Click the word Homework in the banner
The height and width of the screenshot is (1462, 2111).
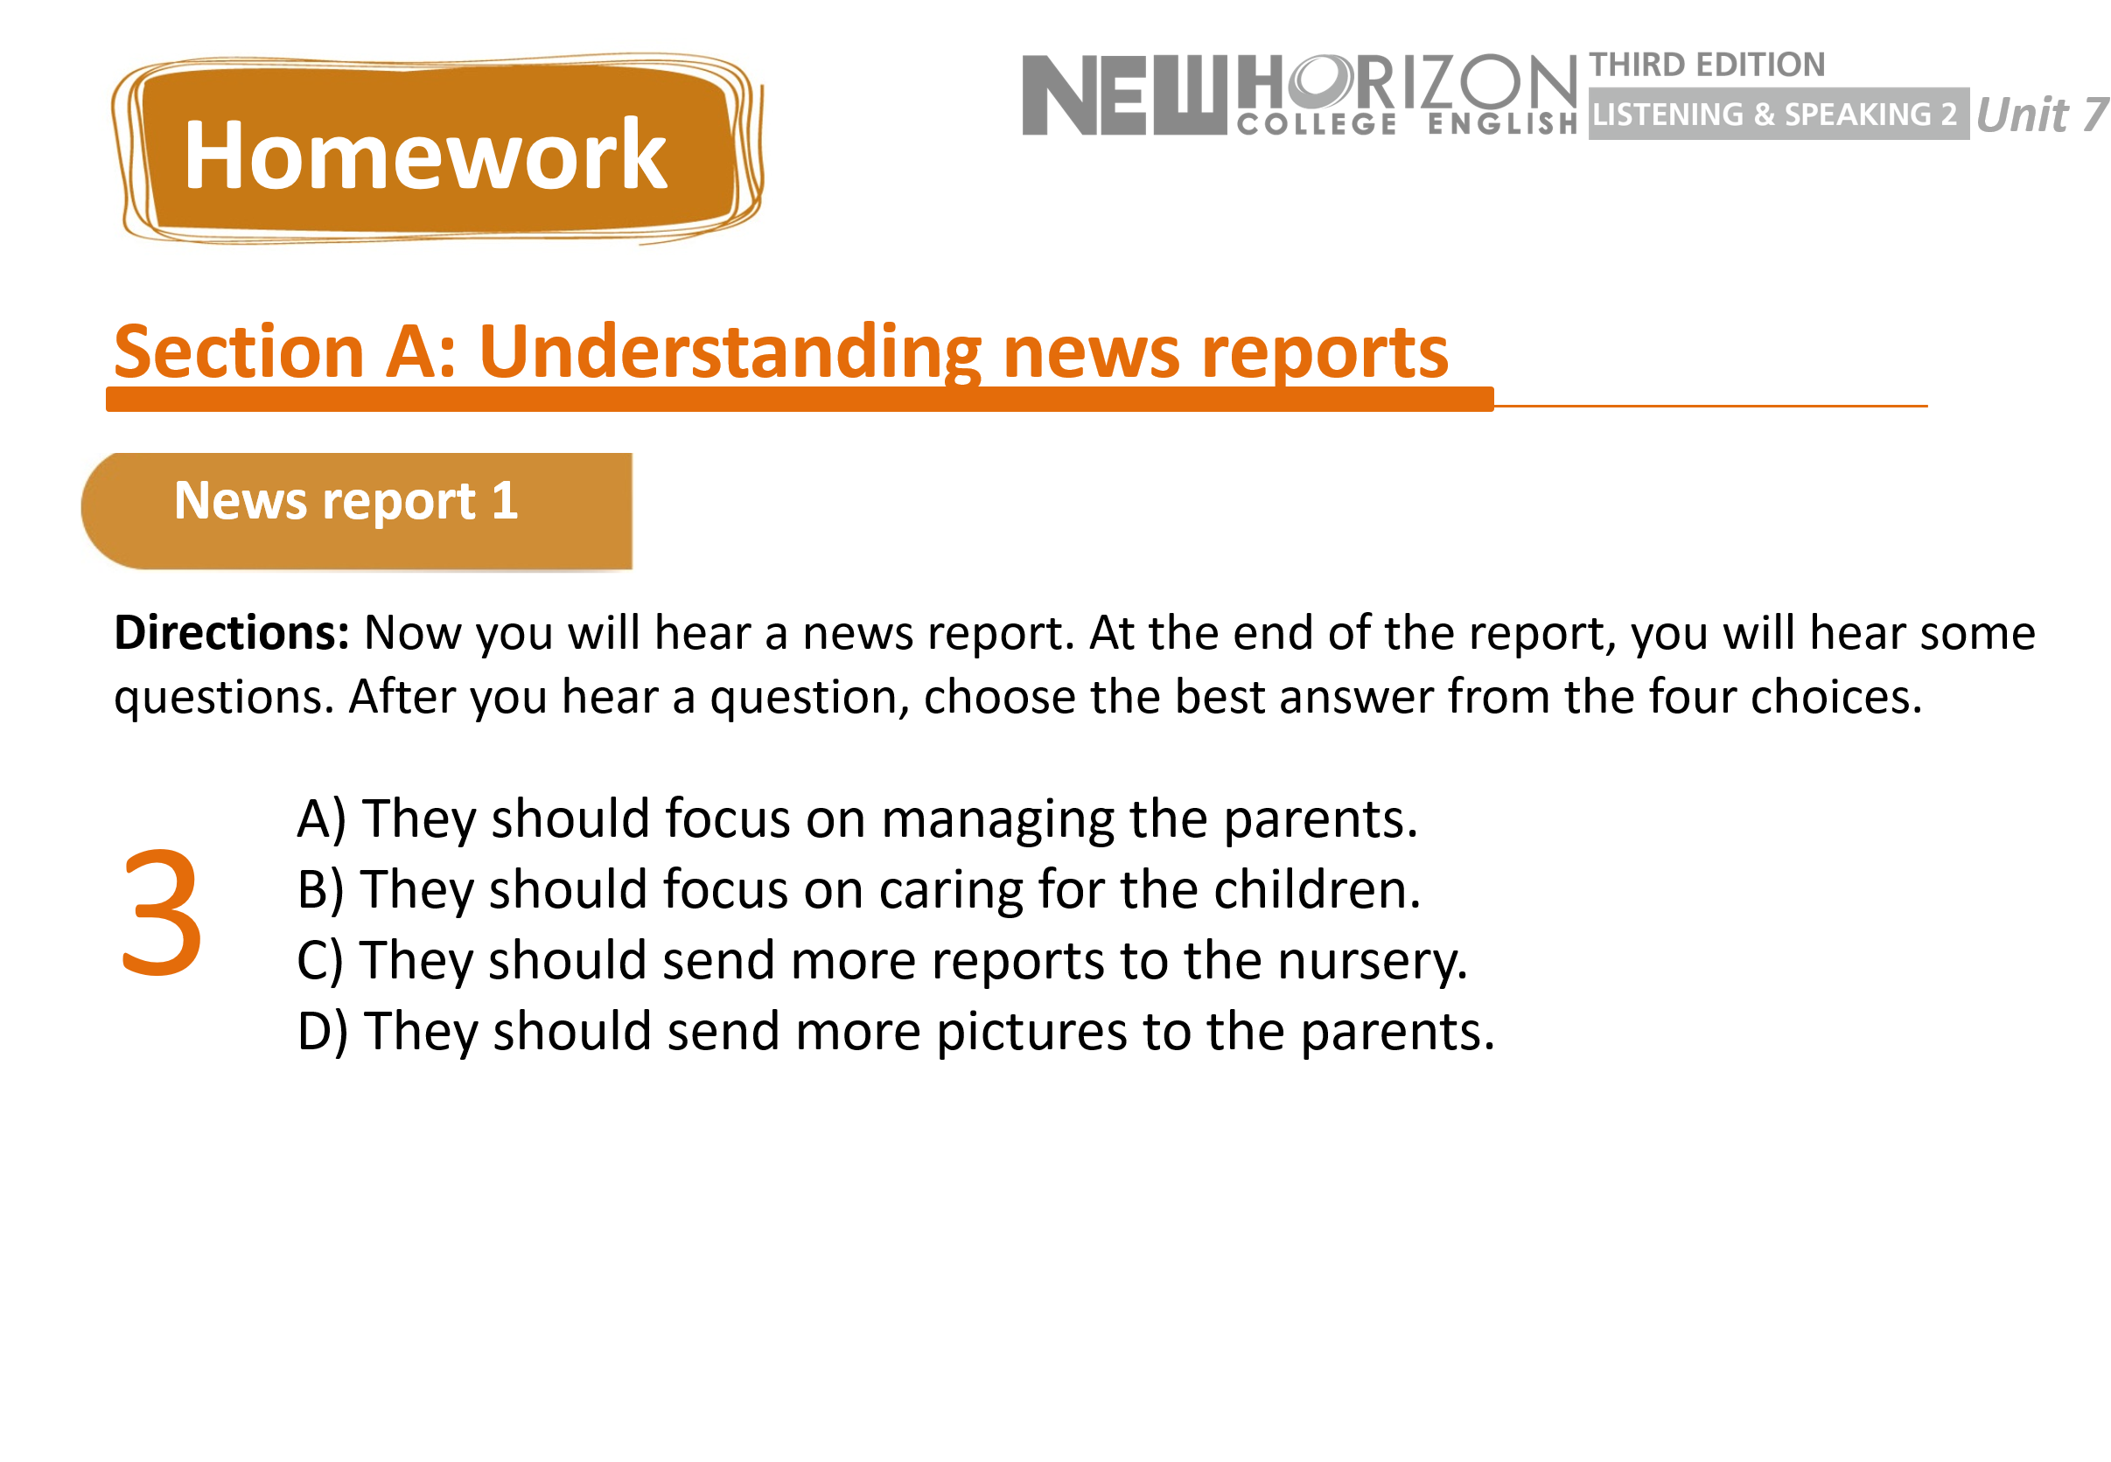[425, 155]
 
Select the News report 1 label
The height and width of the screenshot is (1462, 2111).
[346, 500]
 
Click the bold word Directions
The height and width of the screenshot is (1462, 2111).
[231, 632]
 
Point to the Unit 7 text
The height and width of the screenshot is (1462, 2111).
[2042, 115]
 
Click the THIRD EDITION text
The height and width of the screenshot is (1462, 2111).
[1707, 64]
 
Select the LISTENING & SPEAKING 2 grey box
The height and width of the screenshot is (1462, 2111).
[1779, 114]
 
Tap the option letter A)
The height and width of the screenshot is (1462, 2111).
[322, 818]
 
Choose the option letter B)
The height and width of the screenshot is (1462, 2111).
[321, 889]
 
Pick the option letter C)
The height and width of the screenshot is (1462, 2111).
[320, 960]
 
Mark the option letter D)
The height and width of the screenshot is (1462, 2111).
[323, 1032]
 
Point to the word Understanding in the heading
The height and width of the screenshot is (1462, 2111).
[730, 352]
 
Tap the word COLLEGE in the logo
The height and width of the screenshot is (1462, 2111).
[1317, 123]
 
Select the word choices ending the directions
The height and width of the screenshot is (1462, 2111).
[1835, 696]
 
